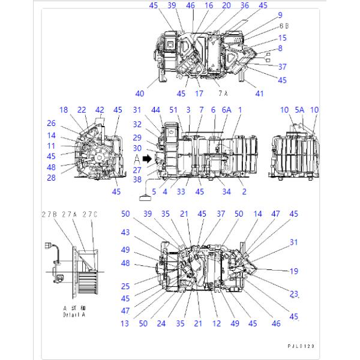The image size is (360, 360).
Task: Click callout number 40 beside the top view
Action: [x=140, y=94]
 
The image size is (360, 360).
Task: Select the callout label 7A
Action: [x=223, y=94]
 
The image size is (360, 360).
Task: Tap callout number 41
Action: [x=259, y=94]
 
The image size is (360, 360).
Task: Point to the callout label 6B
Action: [x=284, y=26]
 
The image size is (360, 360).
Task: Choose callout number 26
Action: [x=52, y=124]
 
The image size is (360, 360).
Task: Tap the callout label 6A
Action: [x=226, y=110]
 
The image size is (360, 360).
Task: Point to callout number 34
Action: [x=226, y=191]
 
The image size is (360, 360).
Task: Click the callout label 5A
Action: [x=299, y=110]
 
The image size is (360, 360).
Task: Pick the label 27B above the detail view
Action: [x=49, y=214]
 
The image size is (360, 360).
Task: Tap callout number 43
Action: [x=125, y=232]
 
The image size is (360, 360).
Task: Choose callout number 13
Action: [x=124, y=323]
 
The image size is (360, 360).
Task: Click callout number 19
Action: [x=294, y=271]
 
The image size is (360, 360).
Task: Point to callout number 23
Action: [x=293, y=293]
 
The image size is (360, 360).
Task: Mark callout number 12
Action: [x=217, y=323]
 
